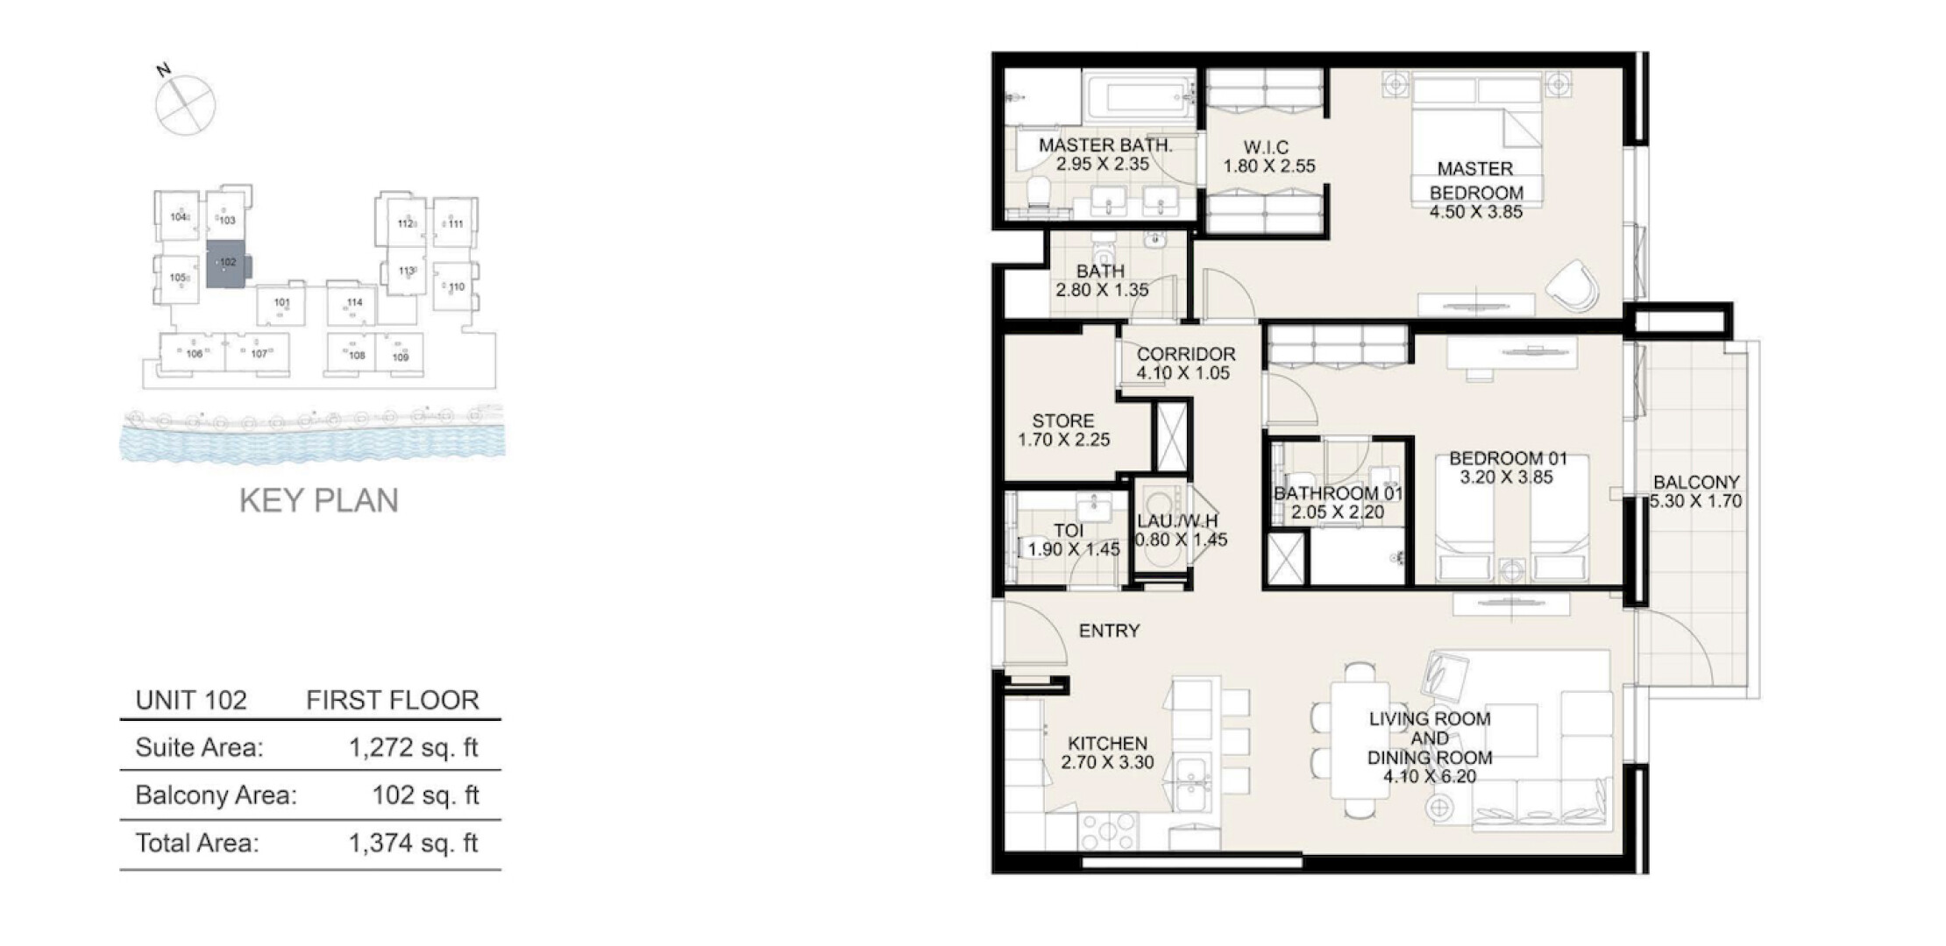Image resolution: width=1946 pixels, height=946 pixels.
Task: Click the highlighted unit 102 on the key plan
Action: point(227,264)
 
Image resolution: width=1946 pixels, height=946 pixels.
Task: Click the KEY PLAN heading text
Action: point(319,500)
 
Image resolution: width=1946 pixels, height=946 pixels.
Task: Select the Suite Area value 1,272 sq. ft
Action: point(414,747)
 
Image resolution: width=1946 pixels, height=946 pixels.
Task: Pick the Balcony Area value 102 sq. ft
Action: point(426,795)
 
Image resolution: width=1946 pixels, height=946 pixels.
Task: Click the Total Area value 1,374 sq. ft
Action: point(414,843)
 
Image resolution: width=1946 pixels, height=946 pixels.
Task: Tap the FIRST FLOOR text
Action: point(393,700)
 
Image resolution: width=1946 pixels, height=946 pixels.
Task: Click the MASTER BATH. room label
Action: point(1105,145)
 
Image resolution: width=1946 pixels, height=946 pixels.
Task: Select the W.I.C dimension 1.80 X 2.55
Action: point(1269,166)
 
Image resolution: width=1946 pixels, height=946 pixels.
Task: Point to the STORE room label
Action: point(1063,420)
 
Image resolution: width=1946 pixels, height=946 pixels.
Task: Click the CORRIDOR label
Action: point(1186,354)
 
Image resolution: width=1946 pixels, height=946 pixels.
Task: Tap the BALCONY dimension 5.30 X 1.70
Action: point(1695,502)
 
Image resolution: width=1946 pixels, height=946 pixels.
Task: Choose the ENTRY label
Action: point(1109,631)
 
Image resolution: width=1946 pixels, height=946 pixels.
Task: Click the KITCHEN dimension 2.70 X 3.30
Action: point(1107,762)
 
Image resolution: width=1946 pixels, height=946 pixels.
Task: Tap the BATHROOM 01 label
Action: point(1338,493)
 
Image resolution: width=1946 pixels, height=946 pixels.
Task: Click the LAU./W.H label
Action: point(1177,522)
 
